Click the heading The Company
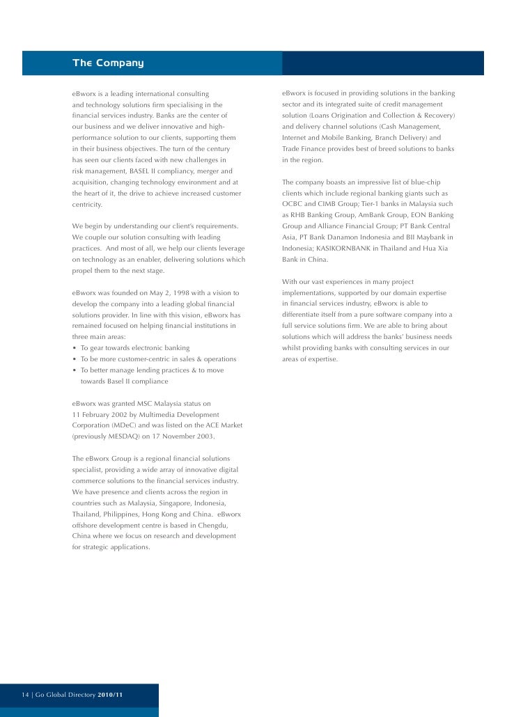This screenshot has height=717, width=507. tap(108, 63)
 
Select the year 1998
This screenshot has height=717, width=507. tap(171, 292)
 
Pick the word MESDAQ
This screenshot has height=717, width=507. tap(128, 436)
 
